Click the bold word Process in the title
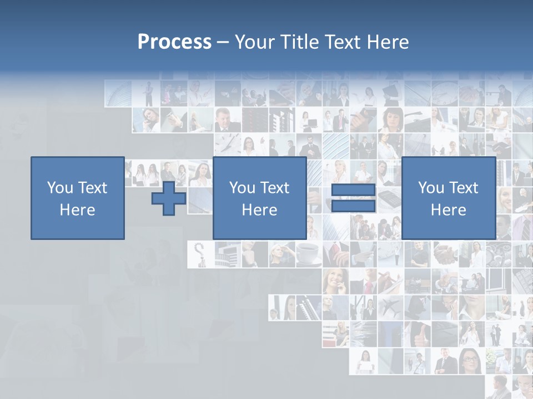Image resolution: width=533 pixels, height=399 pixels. pyautogui.click(x=174, y=42)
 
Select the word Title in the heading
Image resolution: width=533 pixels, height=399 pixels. pyautogui.click(x=299, y=42)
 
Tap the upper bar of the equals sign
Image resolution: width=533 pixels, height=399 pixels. pyautogui.click(x=353, y=190)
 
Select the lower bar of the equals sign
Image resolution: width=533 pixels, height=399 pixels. pyautogui.click(x=353, y=206)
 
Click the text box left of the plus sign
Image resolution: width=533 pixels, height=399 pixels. pyautogui.click(x=78, y=198)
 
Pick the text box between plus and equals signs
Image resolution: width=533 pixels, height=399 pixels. pyautogui.click(x=259, y=198)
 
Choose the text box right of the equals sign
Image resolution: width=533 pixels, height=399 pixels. pyautogui.click(x=448, y=198)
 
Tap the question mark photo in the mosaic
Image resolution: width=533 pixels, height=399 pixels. pyautogui.click(x=199, y=254)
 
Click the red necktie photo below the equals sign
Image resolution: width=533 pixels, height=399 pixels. pyautogui.click(x=335, y=254)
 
